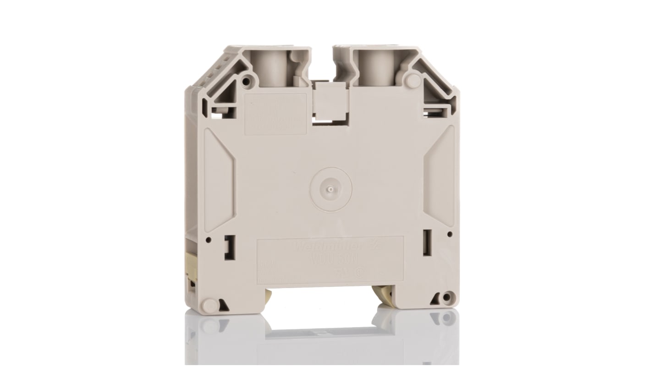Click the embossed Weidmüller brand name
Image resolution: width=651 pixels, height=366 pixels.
pyautogui.click(x=320, y=248)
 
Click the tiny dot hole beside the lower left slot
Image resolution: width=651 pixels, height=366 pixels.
pyautogui.click(x=209, y=239)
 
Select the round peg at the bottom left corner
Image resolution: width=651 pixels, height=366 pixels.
pyautogui.click(x=210, y=304)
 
